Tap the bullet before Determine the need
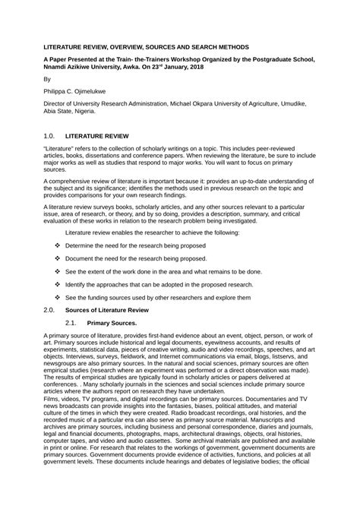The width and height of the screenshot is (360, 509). [x=58, y=246]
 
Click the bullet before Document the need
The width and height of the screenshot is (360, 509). [x=58, y=259]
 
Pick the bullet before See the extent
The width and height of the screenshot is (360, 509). [x=58, y=271]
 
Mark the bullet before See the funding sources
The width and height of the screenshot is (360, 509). [x=58, y=297]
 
